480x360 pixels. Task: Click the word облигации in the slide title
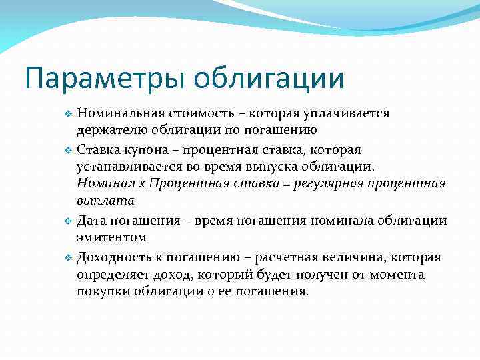click(269, 78)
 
